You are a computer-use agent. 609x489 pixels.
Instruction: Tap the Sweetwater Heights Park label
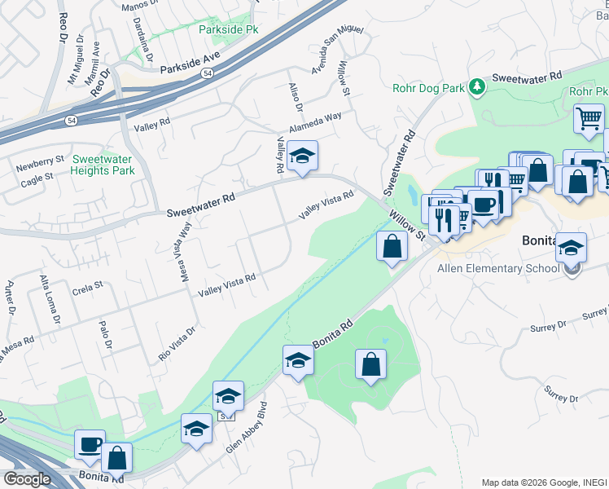[103, 165]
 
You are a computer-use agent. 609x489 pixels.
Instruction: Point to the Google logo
[26, 479]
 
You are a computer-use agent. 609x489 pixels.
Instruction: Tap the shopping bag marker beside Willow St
[392, 245]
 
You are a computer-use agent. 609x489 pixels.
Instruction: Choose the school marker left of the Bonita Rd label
[298, 360]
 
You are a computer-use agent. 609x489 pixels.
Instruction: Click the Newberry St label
[39, 161]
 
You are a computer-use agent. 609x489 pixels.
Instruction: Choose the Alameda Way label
[316, 123]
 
